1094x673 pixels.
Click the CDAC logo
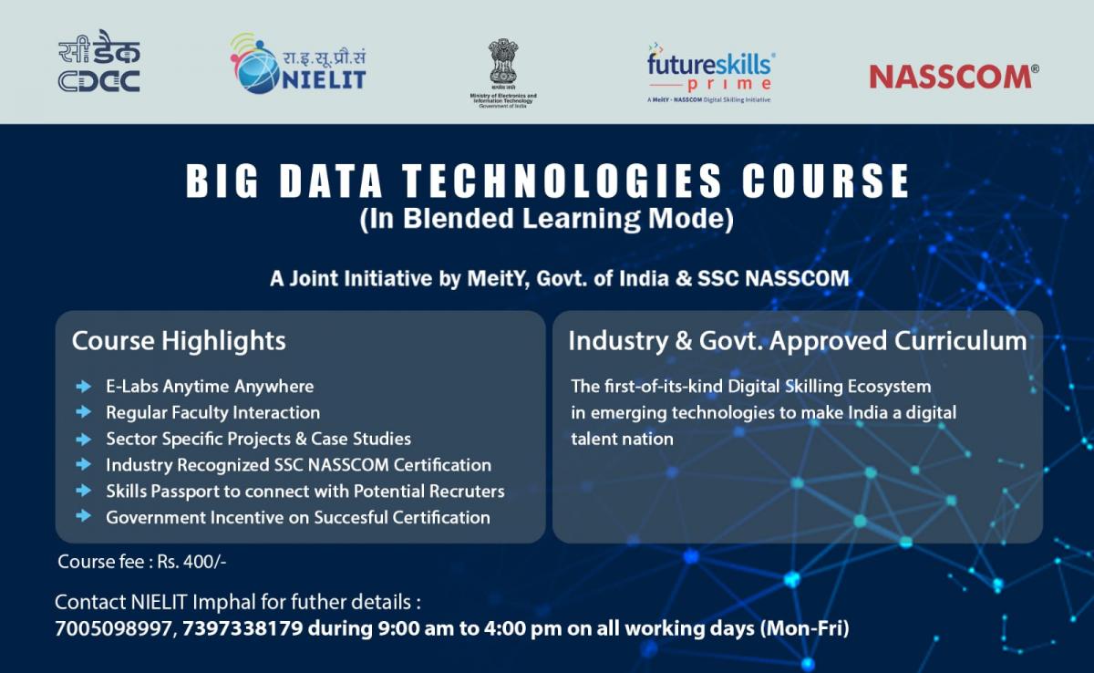[99, 61]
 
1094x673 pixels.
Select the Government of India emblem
[503, 73]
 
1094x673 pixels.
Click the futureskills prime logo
[711, 73]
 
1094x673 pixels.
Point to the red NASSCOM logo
[954, 78]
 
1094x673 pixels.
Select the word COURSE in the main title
[826, 181]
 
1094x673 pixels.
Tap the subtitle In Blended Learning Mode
[546, 219]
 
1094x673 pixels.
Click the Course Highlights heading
[179, 341]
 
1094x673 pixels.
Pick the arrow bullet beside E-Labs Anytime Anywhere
[84, 387]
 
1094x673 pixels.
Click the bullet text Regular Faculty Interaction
[213, 413]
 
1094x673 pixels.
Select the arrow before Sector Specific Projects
[84, 439]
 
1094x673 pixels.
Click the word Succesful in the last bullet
[351, 518]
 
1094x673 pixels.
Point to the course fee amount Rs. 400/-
[191, 562]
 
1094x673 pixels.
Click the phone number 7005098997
[113, 628]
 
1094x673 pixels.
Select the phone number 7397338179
[243, 628]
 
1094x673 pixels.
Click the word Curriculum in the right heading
[961, 341]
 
